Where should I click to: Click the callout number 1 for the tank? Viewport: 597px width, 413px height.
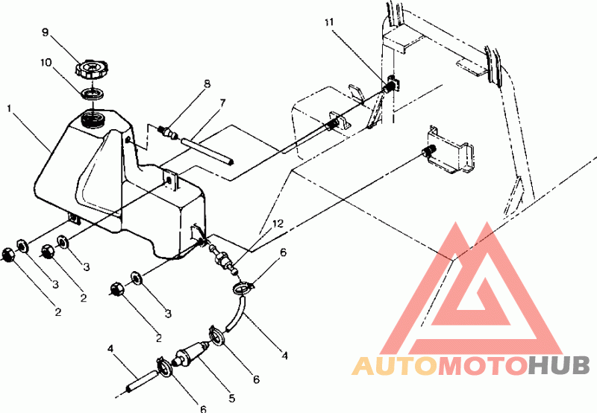coord(10,109)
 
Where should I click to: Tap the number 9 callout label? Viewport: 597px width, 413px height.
coord(46,32)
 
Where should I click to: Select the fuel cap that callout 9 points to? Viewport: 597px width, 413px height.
coord(90,69)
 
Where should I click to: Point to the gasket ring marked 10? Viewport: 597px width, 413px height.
coord(93,94)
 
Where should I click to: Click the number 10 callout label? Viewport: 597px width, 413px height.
coord(46,62)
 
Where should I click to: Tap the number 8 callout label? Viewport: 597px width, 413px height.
coord(207,84)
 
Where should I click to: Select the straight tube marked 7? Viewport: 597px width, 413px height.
coord(207,152)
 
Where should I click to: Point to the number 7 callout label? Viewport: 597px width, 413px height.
coord(222,103)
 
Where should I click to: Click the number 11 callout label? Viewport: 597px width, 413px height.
coord(328,22)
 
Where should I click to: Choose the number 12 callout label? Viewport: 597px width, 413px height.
coord(278,223)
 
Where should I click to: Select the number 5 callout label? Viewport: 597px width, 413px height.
coord(232,399)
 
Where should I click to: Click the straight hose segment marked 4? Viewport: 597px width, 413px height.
coord(142,380)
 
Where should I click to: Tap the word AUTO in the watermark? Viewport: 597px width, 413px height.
coord(396,365)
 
